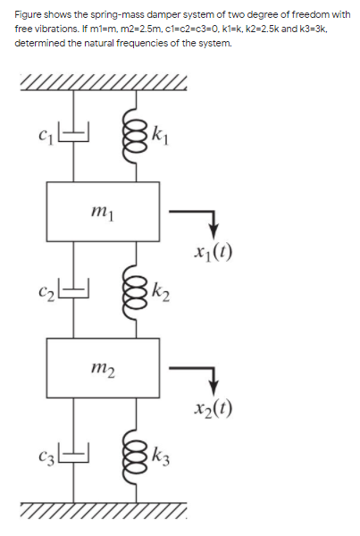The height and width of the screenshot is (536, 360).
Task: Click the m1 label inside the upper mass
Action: coord(101,210)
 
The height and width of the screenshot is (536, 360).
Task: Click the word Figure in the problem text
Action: coord(29,15)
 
